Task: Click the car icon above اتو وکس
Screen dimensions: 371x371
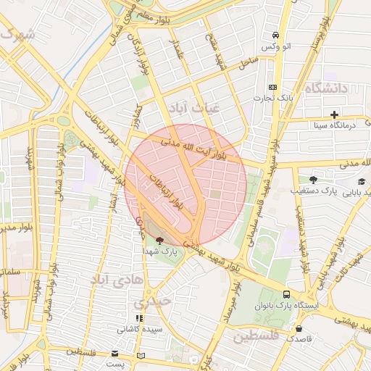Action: pos(275,36)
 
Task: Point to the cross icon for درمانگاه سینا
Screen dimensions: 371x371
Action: pos(334,114)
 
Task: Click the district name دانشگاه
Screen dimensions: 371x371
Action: pos(327,88)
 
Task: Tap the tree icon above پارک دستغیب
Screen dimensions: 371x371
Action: pos(313,180)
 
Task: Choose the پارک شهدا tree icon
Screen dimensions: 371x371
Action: pos(159,241)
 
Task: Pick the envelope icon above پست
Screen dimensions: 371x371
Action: pos(114,354)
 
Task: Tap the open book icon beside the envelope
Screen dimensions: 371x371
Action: pos(141,355)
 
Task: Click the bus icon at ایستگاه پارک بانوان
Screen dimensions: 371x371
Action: pos(287,295)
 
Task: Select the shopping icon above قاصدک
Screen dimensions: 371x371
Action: pos(298,328)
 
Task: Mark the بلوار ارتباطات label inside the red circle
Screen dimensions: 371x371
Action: pos(172,193)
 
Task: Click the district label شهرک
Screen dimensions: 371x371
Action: pos(17,34)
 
